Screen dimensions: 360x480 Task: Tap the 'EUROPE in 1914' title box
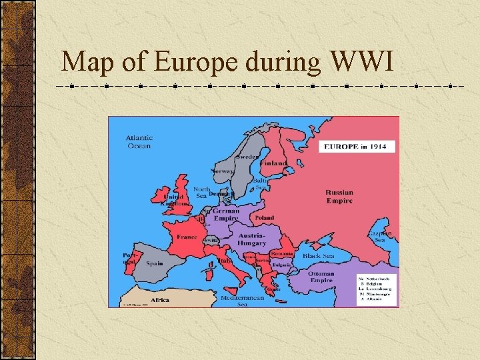(357, 146)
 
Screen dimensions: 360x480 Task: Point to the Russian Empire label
(339, 197)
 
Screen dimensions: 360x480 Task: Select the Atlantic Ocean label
(139, 142)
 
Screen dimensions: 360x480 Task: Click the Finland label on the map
(273, 163)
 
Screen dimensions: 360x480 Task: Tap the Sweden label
(248, 155)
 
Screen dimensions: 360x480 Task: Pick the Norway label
(222, 171)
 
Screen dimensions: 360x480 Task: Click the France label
(187, 237)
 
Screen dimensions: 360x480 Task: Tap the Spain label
(155, 263)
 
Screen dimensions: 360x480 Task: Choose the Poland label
(264, 218)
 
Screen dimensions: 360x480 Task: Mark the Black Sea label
(319, 256)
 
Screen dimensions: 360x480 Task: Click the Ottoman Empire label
(321, 277)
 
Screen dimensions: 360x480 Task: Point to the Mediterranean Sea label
(242, 301)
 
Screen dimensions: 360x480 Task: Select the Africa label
(160, 300)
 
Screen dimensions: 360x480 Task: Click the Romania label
(281, 254)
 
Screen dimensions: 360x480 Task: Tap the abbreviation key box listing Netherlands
(377, 289)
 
